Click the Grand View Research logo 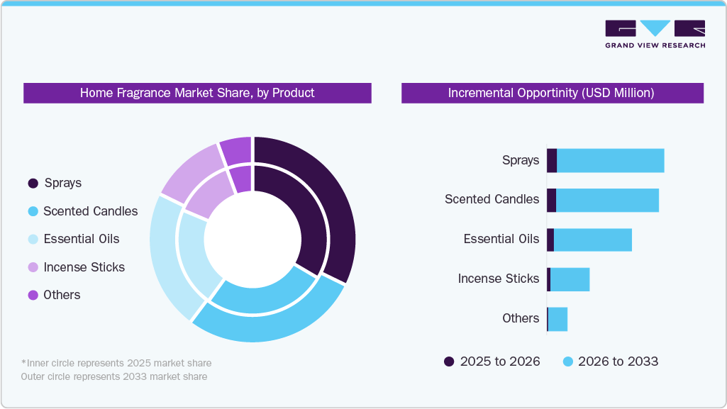point(655,33)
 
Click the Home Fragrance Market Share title point(197,93)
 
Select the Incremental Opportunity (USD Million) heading point(551,93)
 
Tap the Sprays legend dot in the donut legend point(33,184)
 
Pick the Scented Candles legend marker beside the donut point(33,211)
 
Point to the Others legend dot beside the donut point(33,295)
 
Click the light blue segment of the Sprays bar point(610,160)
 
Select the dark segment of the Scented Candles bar point(551,200)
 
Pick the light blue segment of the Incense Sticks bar point(570,279)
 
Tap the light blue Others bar point(557,319)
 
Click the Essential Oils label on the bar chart point(501,239)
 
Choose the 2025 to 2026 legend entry point(492,362)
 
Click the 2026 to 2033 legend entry point(610,362)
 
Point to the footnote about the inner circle point(116,363)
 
